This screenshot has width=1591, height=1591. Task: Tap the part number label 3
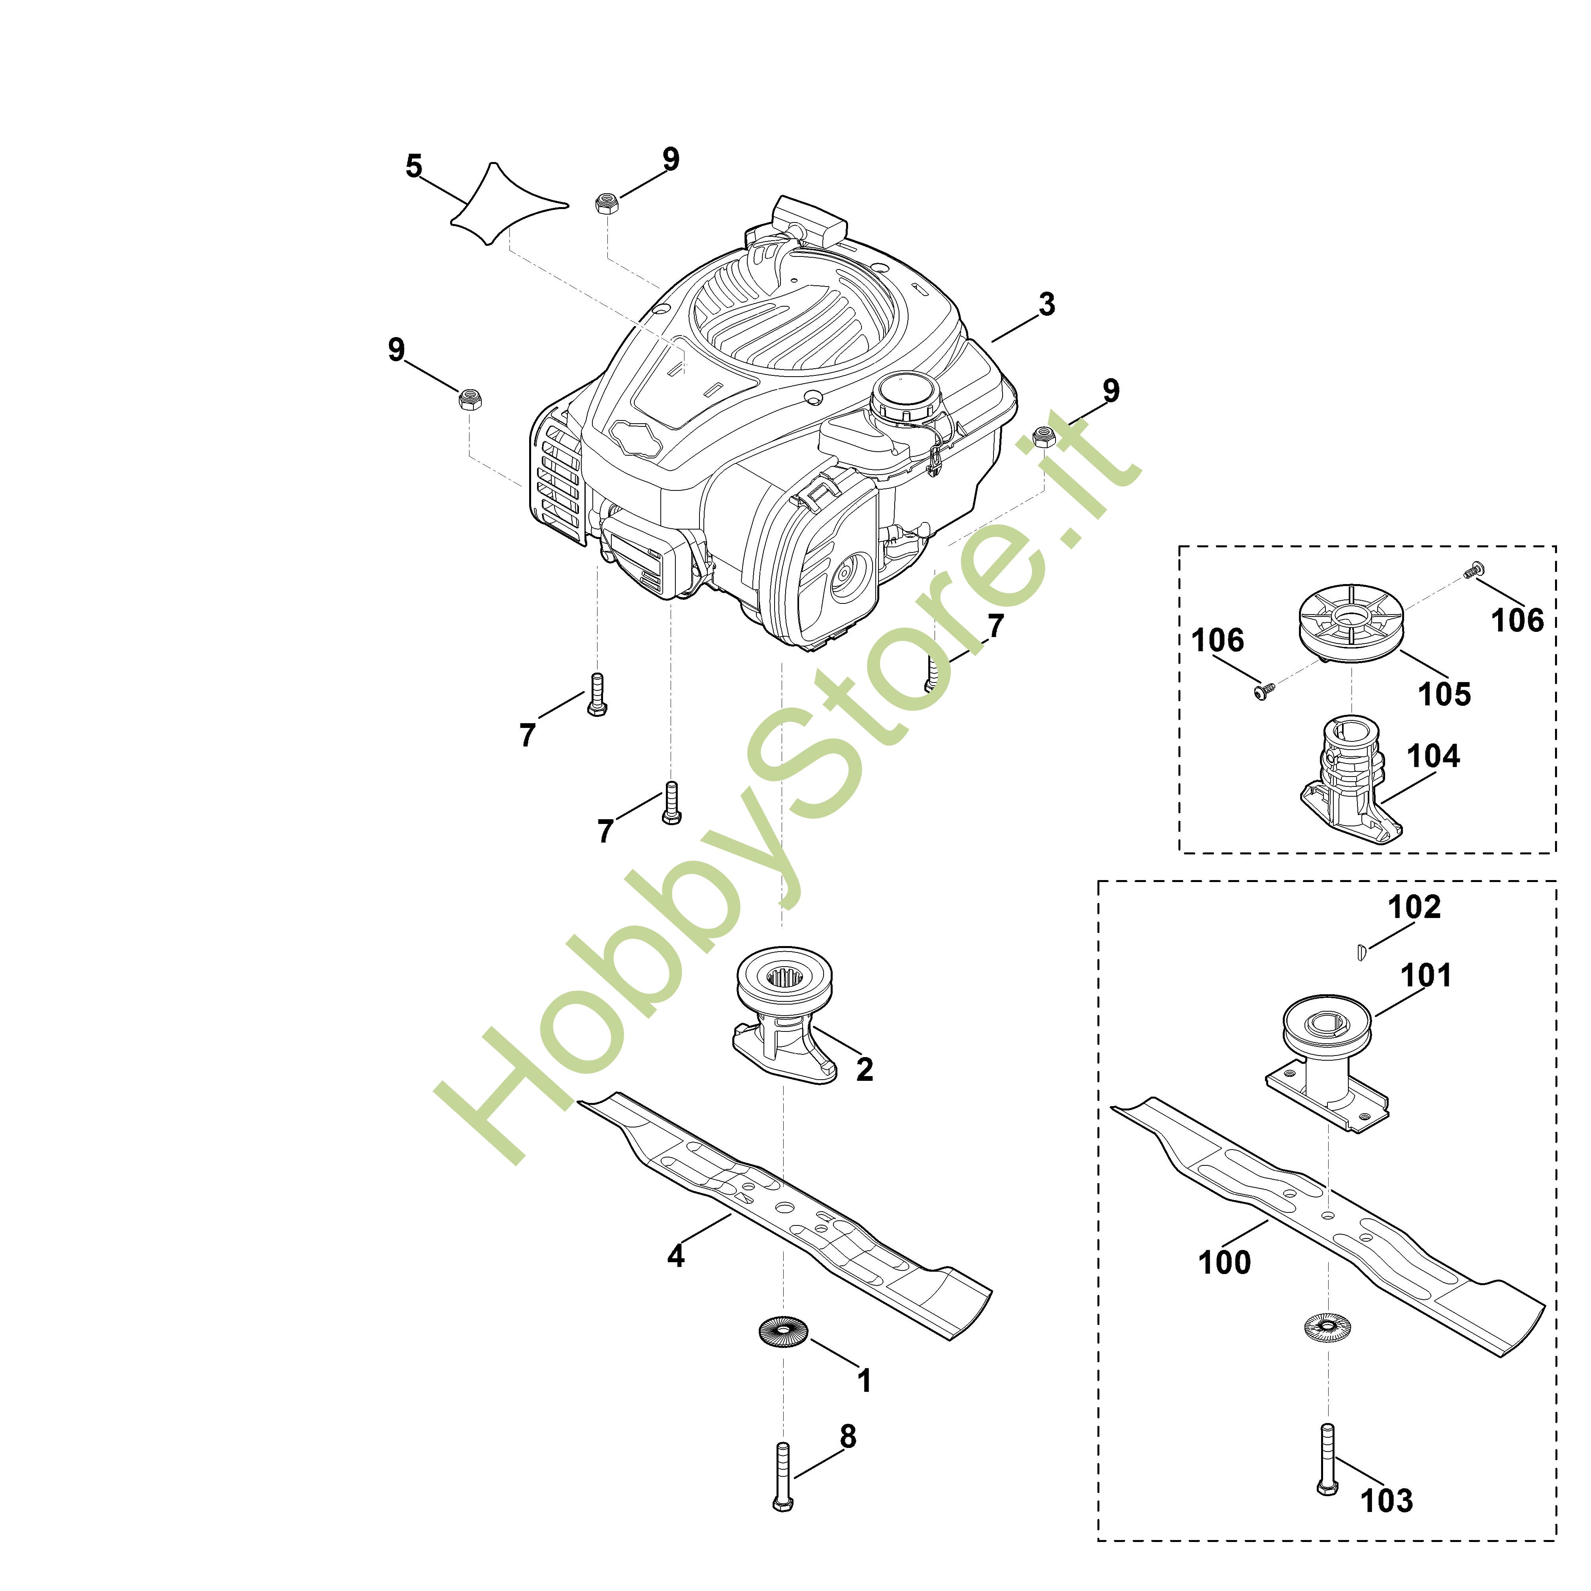[x=1047, y=305]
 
